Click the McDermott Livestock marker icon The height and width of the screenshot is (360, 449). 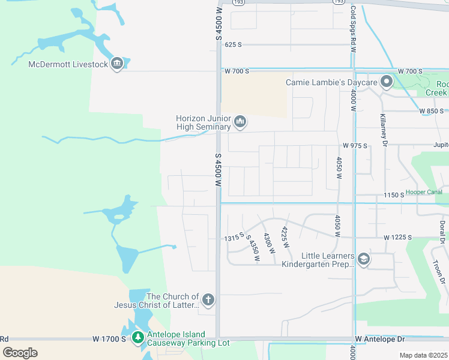tap(117, 64)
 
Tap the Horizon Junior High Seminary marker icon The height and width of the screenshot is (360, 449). tap(240, 122)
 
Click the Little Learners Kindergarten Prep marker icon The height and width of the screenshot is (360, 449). tap(363, 259)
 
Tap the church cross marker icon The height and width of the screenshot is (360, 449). tap(208, 299)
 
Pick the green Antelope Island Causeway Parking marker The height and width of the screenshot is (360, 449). tap(138, 338)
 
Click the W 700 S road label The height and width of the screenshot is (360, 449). tap(237, 71)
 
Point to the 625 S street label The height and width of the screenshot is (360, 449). tap(233, 45)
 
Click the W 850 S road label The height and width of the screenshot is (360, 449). tap(432, 111)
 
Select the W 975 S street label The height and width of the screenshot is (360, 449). tap(354, 146)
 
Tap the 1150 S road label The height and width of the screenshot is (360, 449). tap(394, 196)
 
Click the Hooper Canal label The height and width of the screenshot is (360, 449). tap(424, 192)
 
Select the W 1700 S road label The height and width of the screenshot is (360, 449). tap(109, 339)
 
